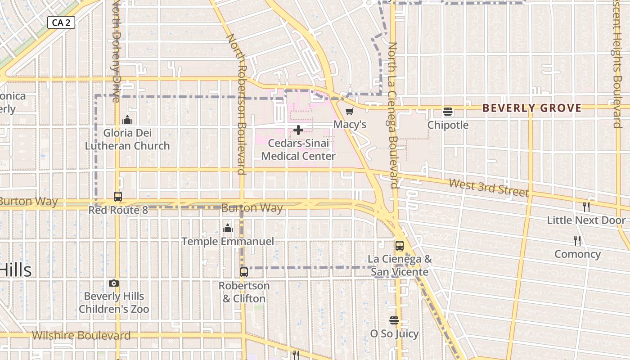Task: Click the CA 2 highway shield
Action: pos(61,22)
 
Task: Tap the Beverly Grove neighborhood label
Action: pos(532,108)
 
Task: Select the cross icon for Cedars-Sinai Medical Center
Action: pos(298,130)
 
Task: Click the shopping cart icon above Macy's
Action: pos(350,111)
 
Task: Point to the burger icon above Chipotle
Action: pos(448,112)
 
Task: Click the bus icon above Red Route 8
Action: pos(118,197)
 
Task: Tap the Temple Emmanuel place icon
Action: pos(228,228)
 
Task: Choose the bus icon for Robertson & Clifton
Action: pos(244,272)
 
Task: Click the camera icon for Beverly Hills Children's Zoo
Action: pos(114,283)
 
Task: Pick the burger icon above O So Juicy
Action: pos(394,320)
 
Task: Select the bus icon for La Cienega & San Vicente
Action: pos(400,246)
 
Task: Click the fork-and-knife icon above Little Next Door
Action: pos(586,207)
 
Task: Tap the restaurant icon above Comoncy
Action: pos(577,241)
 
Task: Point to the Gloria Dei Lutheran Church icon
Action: pos(127,120)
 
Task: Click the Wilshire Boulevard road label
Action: pos(81,335)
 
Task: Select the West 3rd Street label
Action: pos(488,188)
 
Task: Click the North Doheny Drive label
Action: pos(116,49)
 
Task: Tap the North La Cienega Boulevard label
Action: pos(393,115)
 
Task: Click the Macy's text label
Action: pos(350,125)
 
